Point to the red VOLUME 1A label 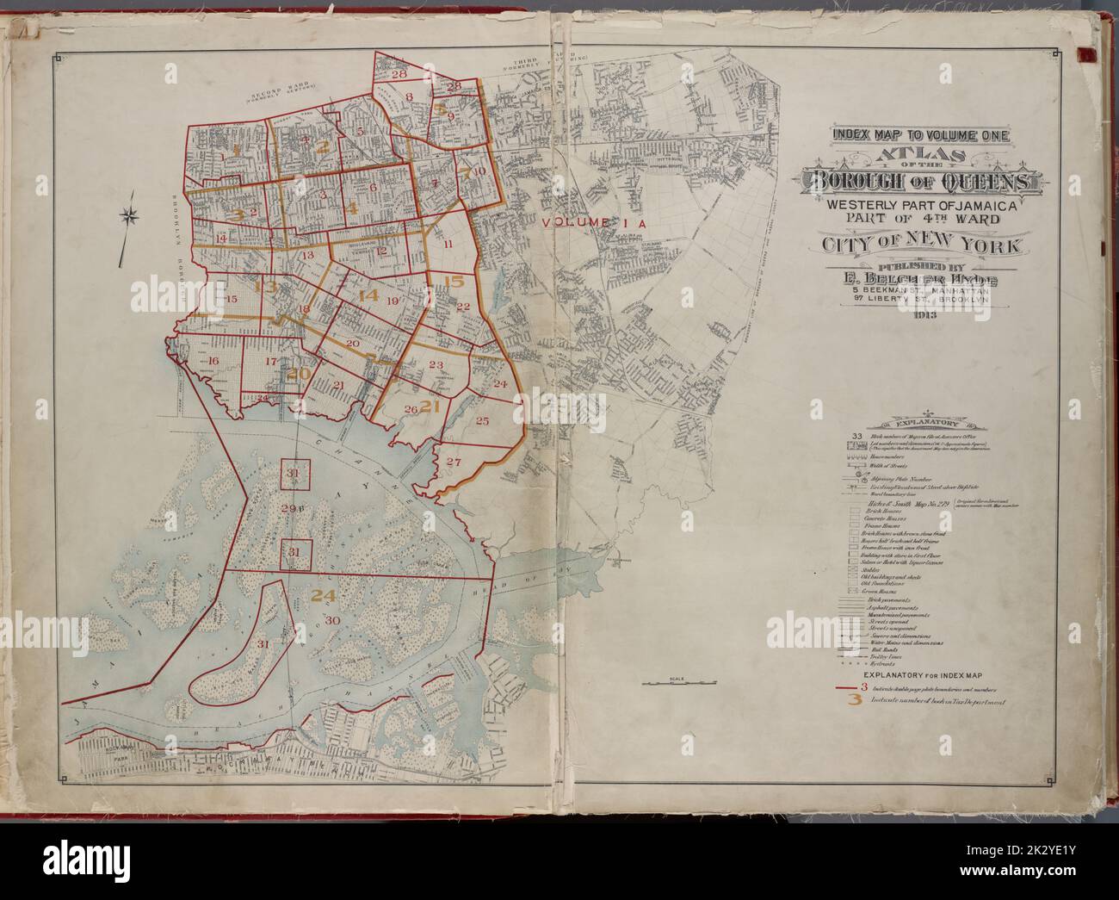[593, 222]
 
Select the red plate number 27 [454, 461]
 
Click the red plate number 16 [213, 361]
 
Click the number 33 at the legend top [856, 436]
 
